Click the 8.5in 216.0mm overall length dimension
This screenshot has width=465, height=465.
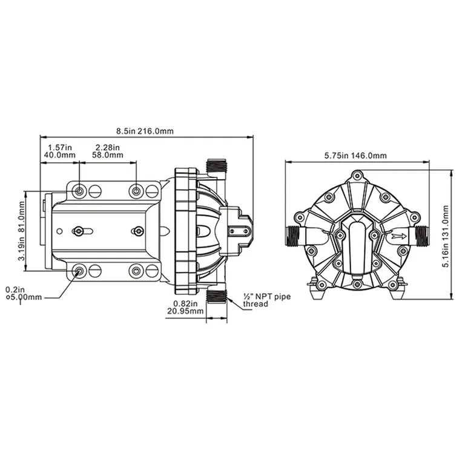tap(145, 131)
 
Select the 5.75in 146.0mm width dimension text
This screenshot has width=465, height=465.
tap(355, 156)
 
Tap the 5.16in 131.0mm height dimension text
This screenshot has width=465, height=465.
tap(447, 234)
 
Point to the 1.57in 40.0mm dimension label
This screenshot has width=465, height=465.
tap(59, 151)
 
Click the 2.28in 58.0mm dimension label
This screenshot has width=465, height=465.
tap(107, 151)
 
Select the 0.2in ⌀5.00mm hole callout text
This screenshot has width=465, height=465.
tap(24, 293)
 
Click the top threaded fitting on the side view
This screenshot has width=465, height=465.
tap(216, 167)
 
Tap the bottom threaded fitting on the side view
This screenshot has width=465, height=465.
tap(216, 296)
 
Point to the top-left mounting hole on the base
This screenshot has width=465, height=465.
tap(80, 191)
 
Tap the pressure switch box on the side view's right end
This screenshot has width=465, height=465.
tap(237, 231)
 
